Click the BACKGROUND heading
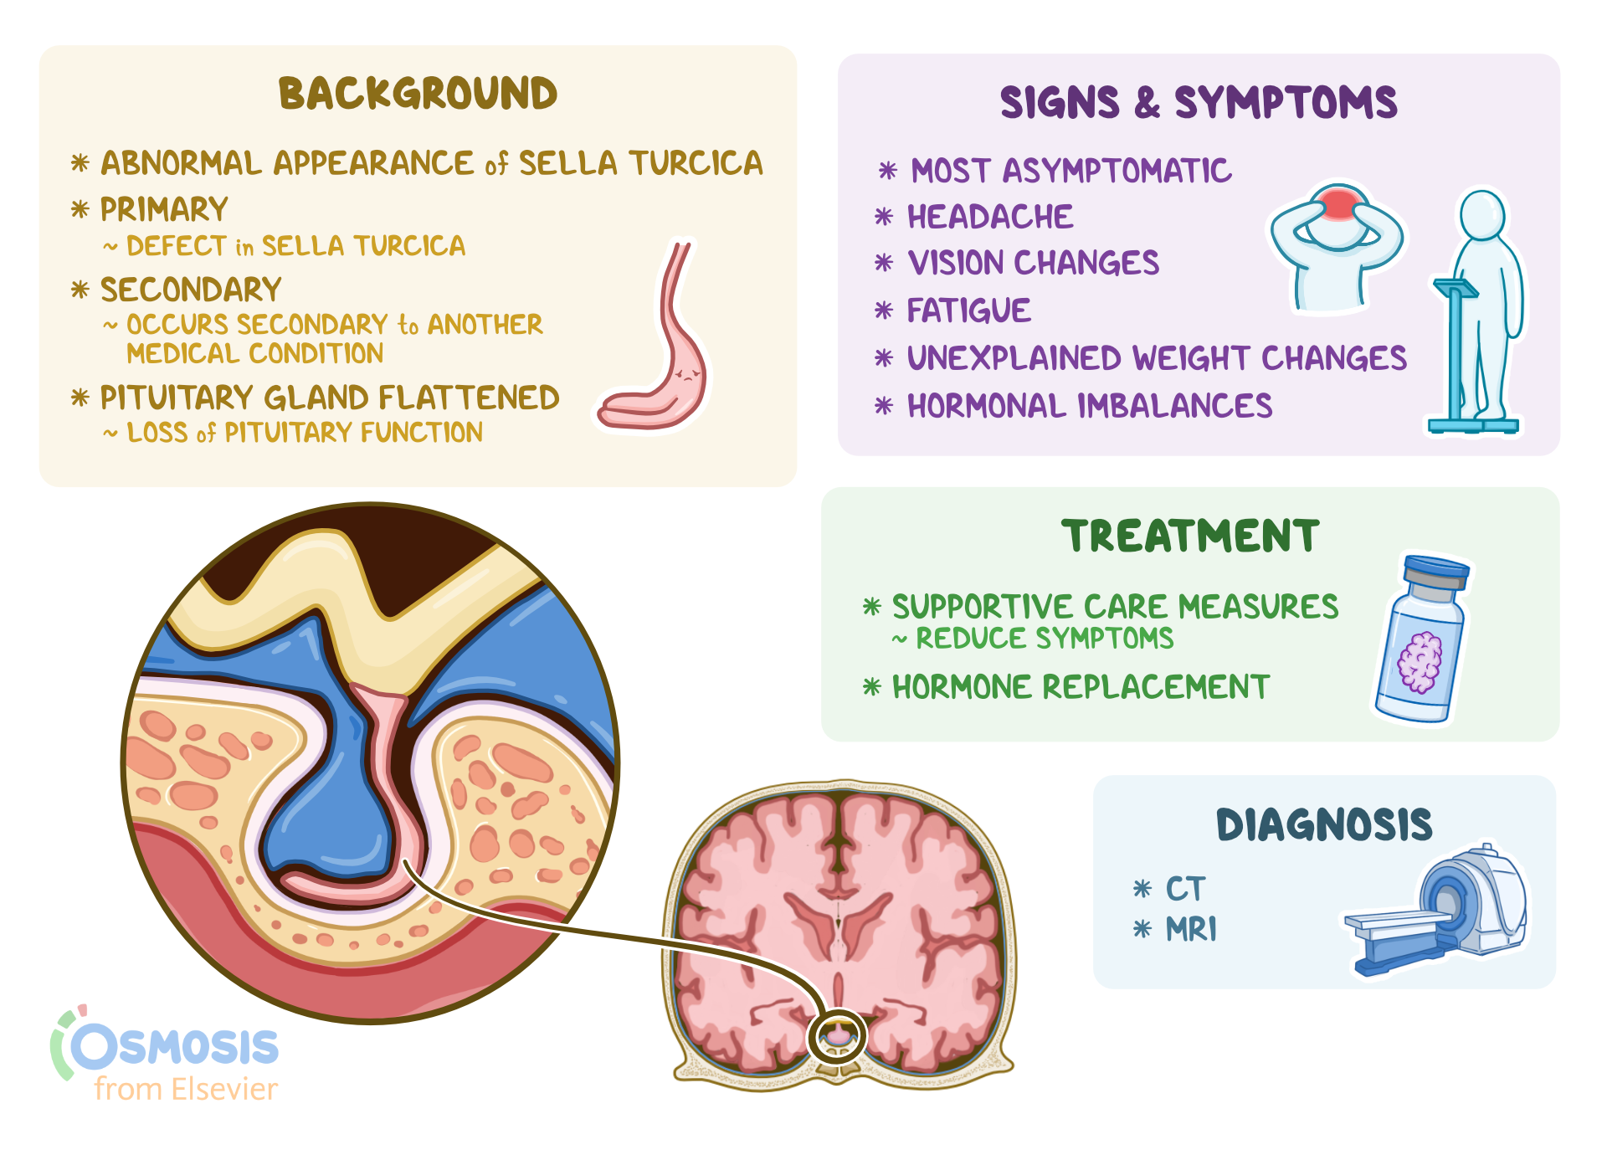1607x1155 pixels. [x=418, y=94]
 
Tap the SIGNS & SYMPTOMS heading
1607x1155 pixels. [x=1198, y=103]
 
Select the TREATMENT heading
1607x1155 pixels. [x=1189, y=536]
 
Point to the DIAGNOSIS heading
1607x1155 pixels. [x=1323, y=825]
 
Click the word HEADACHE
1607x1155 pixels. [x=989, y=218]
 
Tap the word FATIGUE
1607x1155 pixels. [x=968, y=311]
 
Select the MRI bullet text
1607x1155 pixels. [x=1190, y=929]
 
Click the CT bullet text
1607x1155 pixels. [x=1185, y=889]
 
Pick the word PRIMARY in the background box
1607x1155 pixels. [x=164, y=209]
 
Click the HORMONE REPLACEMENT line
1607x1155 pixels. [x=1080, y=687]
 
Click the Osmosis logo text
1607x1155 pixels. [x=176, y=1047]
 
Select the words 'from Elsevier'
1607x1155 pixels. [x=185, y=1090]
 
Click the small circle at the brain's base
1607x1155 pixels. [x=837, y=1036]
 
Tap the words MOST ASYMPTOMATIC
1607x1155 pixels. [x=1070, y=172]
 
